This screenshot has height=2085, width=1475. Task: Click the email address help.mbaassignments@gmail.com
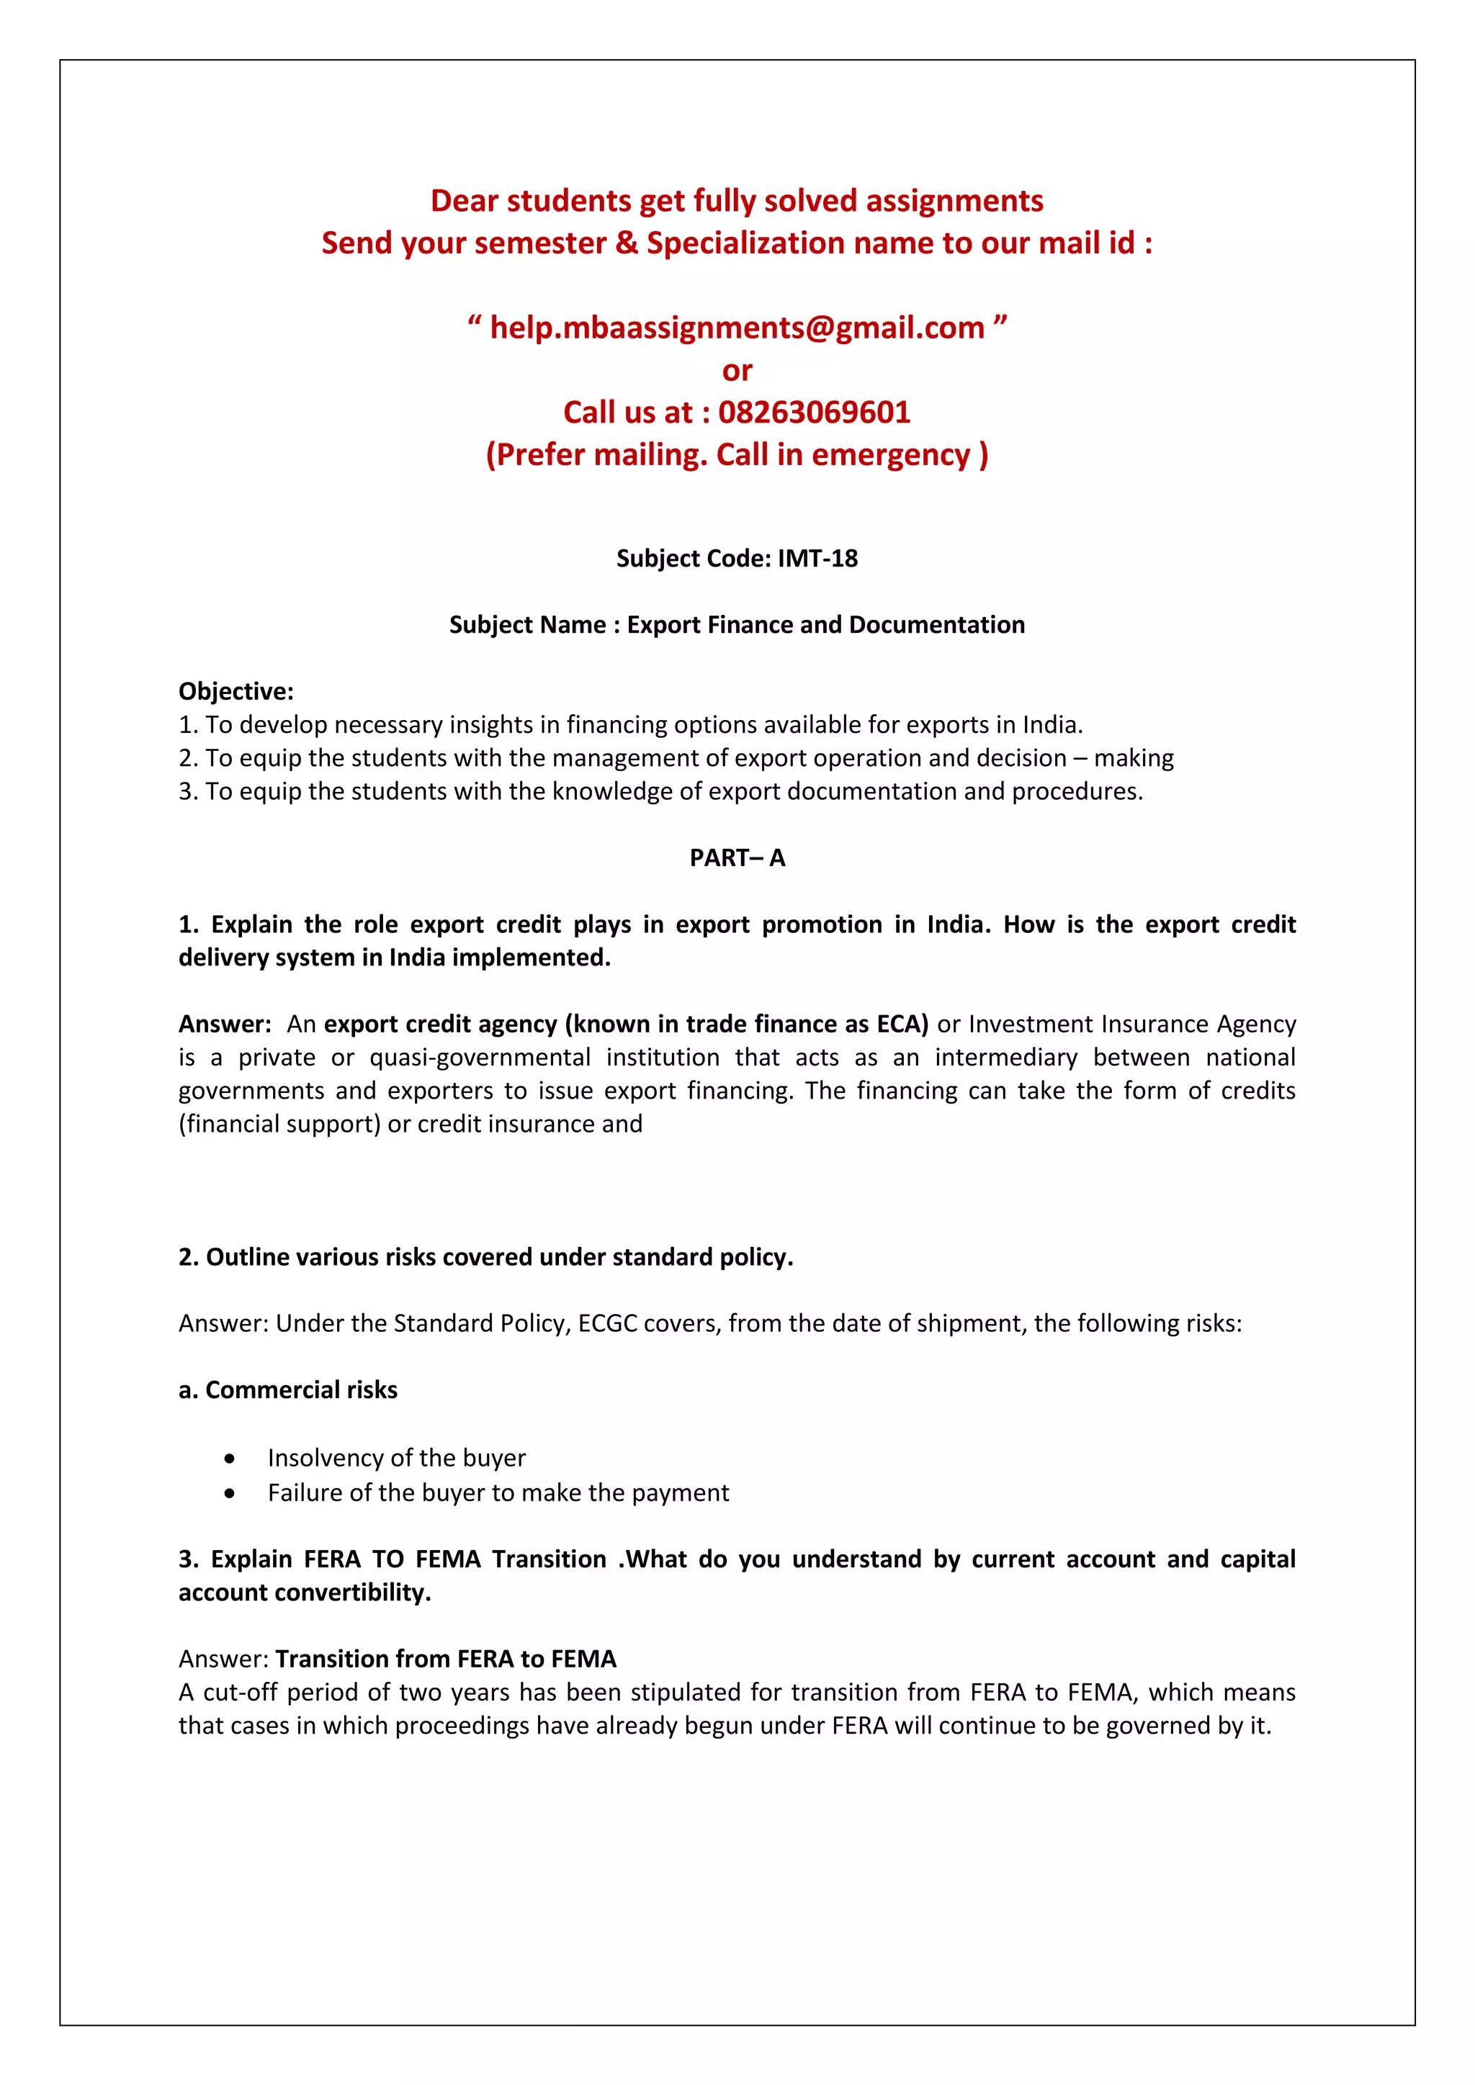coord(737,328)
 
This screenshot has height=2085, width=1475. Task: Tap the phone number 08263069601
coord(814,413)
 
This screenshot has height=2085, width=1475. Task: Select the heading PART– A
coord(737,858)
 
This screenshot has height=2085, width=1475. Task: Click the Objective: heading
coord(236,691)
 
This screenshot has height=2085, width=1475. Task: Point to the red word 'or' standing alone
coord(737,371)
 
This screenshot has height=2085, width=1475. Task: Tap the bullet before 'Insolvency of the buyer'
coord(230,1459)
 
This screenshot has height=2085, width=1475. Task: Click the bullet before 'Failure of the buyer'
coord(230,1493)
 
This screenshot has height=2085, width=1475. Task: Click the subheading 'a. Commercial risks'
coord(288,1390)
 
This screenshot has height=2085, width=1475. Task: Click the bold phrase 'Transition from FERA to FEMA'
coord(446,1659)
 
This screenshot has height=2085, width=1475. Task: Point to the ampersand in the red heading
coord(627,243)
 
